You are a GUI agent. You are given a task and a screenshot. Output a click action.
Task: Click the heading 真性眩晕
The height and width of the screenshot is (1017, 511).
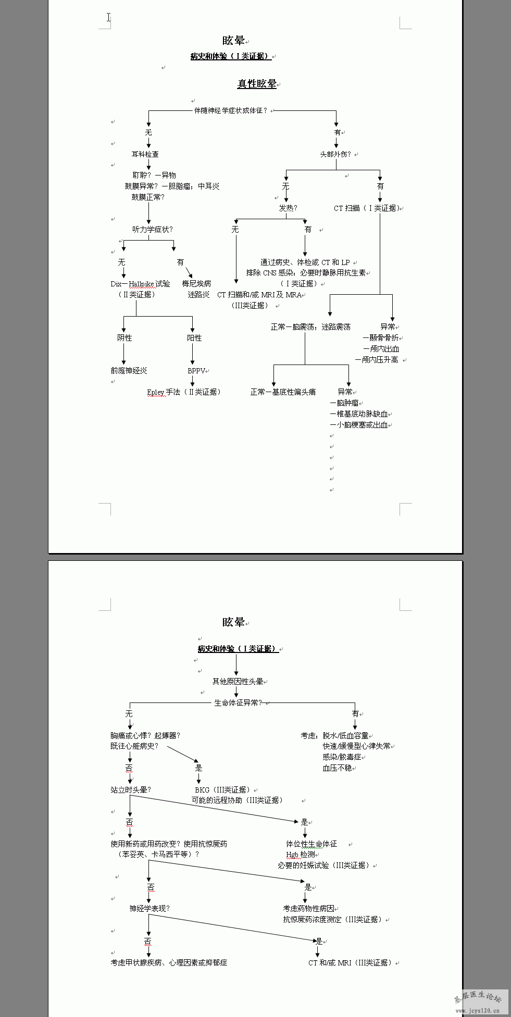257,84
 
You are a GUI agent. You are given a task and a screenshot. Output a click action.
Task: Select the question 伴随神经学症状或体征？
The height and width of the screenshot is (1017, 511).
231,110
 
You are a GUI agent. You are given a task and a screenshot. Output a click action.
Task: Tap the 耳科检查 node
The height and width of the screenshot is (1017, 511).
145,154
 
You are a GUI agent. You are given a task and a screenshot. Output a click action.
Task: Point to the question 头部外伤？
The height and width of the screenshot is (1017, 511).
335,154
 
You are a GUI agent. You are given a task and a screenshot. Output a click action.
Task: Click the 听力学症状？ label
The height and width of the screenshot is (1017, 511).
152,229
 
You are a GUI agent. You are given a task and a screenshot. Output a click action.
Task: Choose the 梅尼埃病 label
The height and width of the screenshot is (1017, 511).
196,283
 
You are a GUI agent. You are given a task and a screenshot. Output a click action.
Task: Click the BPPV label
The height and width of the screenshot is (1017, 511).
196,371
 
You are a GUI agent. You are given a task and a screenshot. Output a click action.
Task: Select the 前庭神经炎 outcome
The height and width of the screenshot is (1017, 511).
129,371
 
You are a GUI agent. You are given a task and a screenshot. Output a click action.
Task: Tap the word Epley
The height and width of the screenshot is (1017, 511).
156,392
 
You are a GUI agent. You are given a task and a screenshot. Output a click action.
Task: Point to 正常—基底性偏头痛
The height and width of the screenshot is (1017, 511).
283,392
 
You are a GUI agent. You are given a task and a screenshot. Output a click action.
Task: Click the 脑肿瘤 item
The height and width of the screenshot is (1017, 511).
347,403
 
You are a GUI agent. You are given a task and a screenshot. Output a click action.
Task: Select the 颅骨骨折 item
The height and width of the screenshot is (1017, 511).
383,338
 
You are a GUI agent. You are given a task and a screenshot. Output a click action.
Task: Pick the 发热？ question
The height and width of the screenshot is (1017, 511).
288,208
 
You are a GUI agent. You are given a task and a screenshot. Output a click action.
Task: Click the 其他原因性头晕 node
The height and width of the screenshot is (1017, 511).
238,682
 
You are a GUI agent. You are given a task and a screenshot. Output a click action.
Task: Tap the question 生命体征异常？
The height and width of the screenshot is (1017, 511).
238,703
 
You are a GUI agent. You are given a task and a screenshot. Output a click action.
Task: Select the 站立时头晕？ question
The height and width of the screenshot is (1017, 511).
131,789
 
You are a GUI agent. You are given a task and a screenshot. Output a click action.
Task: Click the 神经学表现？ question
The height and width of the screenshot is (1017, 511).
149,908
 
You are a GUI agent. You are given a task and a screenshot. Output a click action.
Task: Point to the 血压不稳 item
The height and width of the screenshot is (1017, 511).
337,768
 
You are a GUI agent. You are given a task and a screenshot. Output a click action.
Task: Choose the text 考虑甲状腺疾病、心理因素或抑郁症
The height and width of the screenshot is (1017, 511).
169,962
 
